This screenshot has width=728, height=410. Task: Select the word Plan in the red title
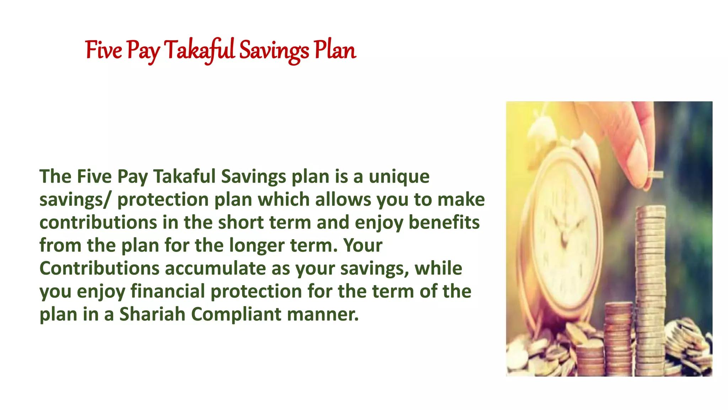pos(334,50)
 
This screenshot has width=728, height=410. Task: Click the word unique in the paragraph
pos(399,177)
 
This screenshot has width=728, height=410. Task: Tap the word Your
pos(363,245)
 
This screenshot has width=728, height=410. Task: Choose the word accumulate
pos(215,268)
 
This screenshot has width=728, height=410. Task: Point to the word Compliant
pos(236,314)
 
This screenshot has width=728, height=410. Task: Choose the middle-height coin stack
pos(619,338)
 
